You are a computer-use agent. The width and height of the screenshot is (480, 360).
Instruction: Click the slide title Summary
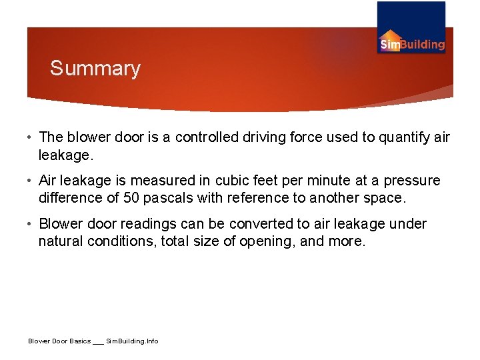(x=95, y=69)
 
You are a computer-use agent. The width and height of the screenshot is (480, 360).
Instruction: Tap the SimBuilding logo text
(x=412, y=45)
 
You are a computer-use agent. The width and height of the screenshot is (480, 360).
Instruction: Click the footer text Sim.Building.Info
(x=133, y=341)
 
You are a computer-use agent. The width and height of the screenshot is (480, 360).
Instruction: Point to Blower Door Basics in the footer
(x=59, y=341)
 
